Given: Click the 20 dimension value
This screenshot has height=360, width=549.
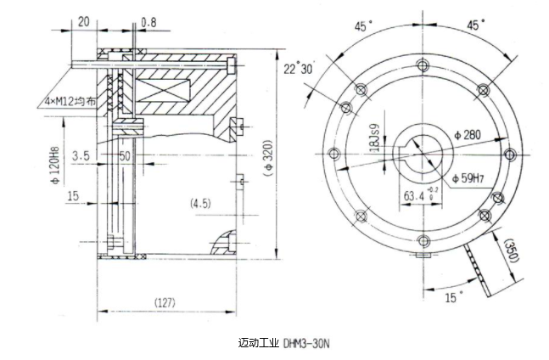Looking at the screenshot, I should point(85,20).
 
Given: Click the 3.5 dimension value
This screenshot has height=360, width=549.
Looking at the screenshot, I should point(81,156).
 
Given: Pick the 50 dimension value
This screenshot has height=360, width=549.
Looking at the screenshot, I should point(125,156).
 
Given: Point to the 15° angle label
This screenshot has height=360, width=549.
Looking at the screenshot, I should point(455,295).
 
